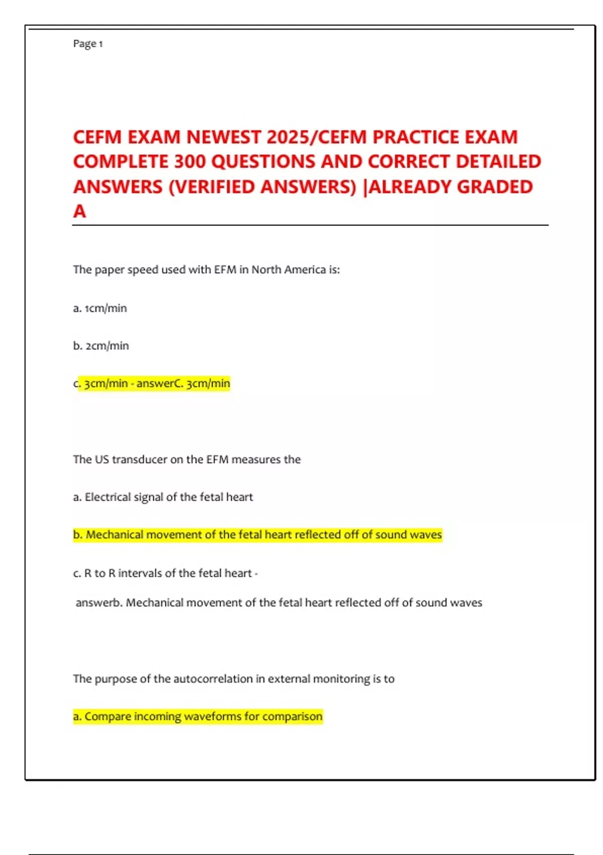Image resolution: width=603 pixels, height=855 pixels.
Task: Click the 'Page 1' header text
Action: click(88, 44)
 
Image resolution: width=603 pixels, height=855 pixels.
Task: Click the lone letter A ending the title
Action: click(79, 212)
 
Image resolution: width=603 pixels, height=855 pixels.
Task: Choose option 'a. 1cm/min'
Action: click(100, 308)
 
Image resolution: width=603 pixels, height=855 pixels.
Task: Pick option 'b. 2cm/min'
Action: click(101, 346)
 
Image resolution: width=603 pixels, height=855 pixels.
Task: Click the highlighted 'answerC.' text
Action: click(159, 384)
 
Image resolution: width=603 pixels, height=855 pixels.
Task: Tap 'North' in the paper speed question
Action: click(266, 270)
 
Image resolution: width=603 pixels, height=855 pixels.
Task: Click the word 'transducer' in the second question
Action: click(139, 460)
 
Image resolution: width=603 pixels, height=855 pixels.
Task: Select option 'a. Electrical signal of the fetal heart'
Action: click(163, 497)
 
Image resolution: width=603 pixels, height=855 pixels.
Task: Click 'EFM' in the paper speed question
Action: click(225, 270)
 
